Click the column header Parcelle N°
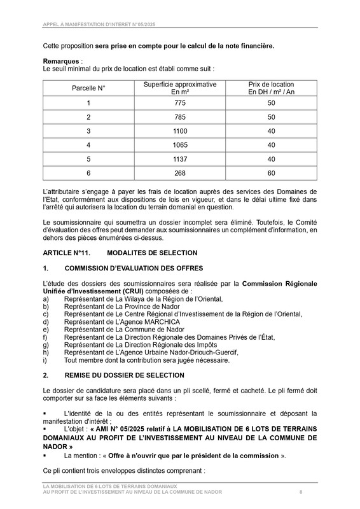(x=88, y=88)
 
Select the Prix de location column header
(x=271, y=88)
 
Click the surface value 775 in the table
(x=180, y=103)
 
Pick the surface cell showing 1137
(x=180, y=158)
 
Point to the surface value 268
(x=180, y=172)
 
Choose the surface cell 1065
(x=180, y=144)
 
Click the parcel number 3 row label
(x=88, y=130)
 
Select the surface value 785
(x=180, y=117)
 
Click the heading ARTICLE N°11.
(x=67, y=253)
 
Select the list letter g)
(x=46, y=344)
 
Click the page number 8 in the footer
(x=301, y=492)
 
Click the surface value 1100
(x=180, y=130)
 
